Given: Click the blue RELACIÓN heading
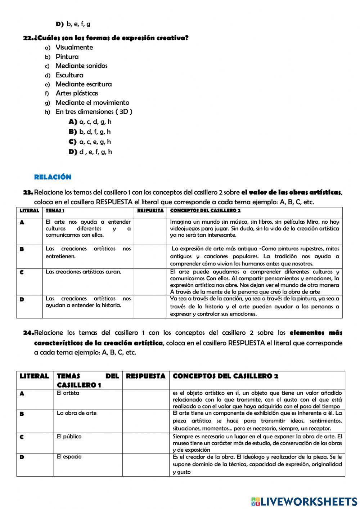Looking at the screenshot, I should (53, 177).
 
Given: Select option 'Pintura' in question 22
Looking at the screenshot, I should (67, 57).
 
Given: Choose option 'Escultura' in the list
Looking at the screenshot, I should (69, 75).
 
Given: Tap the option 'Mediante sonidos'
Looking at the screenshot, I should (81, 66).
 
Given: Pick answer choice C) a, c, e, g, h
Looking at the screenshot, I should (90, 142).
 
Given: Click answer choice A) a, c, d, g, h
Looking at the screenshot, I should (90, 122).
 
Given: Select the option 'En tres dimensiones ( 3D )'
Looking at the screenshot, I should (94, 112).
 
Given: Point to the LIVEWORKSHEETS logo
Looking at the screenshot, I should (304, 501).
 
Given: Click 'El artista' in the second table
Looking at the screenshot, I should (68, 393).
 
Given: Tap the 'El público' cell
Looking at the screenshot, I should (69, 436).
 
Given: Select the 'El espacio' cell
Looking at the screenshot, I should (69, 456).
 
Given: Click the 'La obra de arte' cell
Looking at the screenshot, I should (77, 413).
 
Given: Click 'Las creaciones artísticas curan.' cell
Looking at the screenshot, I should (84, 272).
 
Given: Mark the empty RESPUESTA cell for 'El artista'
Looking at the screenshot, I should (146, 399).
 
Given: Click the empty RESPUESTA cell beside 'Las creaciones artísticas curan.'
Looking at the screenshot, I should (150, 281).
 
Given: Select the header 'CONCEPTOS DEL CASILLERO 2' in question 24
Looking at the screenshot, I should (225, 376).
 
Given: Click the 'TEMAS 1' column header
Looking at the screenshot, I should (55, 210).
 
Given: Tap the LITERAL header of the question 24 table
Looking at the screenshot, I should (34, 376).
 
